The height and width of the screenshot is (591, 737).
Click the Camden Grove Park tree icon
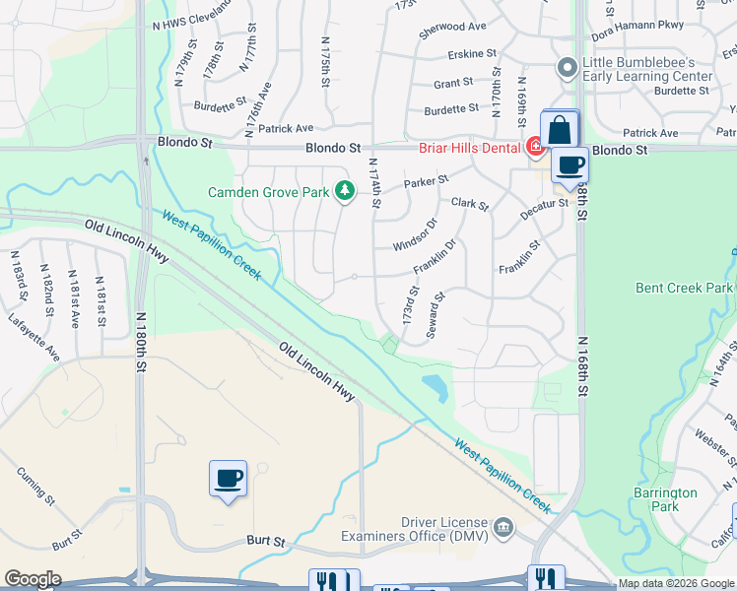[x=345, y=190]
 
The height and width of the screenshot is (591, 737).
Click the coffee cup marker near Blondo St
[x=569, y=165]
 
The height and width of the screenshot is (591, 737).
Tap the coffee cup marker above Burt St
[x=228, y=479]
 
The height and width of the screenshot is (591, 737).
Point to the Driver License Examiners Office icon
[x=505, y=528]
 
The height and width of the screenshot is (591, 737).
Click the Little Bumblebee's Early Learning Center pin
[x=567, y=69]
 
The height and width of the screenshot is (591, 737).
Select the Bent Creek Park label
[x=684, y=288]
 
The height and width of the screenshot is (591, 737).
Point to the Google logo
[x=33, y=579]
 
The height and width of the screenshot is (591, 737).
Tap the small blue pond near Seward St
[x=434, y=387]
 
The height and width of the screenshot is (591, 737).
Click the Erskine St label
[x=471, y=53]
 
